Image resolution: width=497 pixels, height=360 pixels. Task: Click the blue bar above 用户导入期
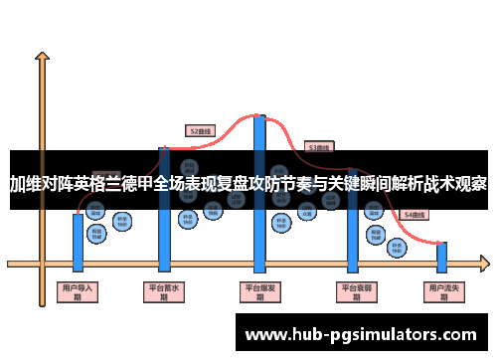pos(78,239)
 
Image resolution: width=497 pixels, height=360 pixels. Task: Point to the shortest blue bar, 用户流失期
pos(442,257)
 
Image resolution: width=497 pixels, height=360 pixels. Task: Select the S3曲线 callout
pos(319,146)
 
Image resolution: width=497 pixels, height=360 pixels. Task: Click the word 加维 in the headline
pos(26,183)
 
